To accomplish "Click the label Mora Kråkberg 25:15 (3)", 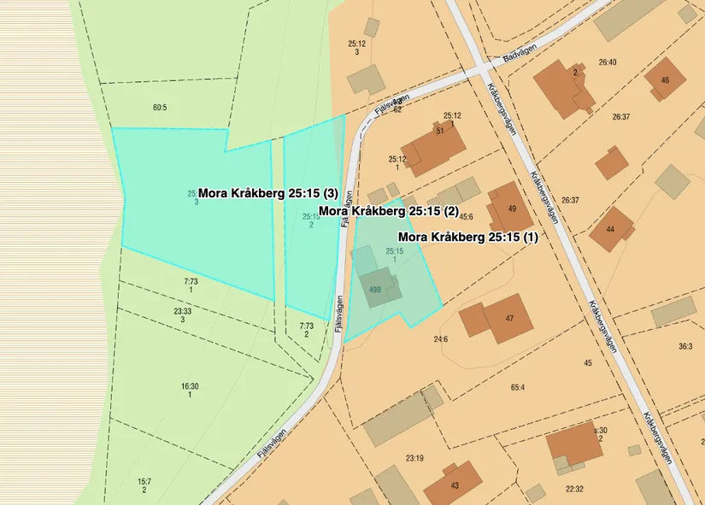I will (269, 193).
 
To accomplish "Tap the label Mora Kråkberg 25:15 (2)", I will (389, 210).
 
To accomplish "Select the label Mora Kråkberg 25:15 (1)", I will (468, 237).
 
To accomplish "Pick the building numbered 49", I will (506, 208).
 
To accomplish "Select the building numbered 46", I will (665, 81).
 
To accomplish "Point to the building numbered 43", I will (453, 484).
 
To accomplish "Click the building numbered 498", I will (376, 288).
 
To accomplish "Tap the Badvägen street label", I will (518, 55).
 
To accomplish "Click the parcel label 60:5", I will (160, 108).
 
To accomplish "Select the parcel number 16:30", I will (190, 386).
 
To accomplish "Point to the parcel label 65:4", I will (517, 387).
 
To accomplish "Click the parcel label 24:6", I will (441, 339).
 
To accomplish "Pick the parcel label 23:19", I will (414, 458).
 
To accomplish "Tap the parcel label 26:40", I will (608, 62).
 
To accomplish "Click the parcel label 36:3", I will (685, 346).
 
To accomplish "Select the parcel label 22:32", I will (574, 489).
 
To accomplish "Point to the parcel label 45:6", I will (466, 216).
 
